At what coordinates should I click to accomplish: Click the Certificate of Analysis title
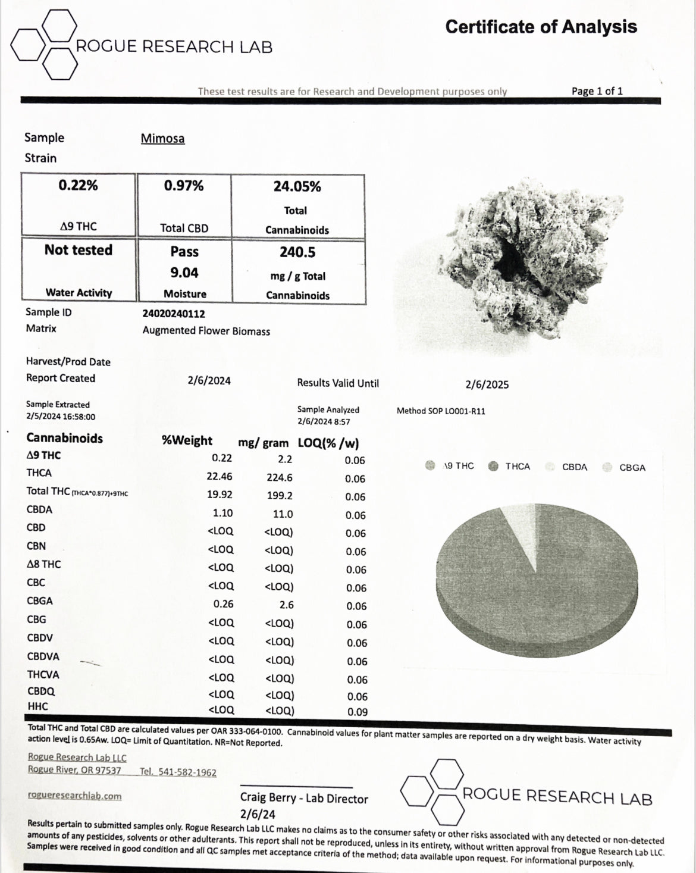[541, 27]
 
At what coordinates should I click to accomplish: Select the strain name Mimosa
[162, 139]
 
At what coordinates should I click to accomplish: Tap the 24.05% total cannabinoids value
[297, 187]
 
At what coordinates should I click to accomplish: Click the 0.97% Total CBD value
[184, 186]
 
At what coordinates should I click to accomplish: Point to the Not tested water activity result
[79, 250]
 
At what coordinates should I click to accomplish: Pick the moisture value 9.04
[184, 273]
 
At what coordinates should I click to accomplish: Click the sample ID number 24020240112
[174, 314]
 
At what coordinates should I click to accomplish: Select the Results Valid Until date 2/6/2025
[487, 384]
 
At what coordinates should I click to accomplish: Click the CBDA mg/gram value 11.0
[283, 514]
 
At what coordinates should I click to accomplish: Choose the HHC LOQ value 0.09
[357, 712]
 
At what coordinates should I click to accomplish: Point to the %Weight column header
[187, 441]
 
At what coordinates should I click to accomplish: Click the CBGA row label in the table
[40, 601]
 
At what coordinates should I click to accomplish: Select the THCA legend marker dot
[493, 466]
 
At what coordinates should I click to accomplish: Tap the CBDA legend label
[575, 467]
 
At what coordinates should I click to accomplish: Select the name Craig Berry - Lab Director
[304, 799]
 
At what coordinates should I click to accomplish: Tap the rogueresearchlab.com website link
[74, 796]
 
